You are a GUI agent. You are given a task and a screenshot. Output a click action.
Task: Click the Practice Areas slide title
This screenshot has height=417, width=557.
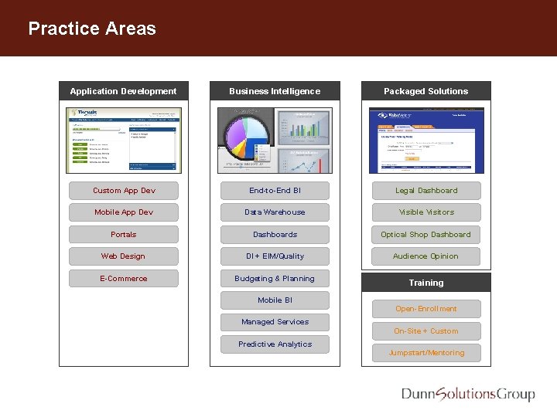pos(92,29)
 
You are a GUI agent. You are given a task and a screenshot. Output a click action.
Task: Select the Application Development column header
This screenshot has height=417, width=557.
pos(124,91)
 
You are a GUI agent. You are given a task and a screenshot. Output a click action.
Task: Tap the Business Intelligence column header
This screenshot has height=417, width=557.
pos(275,91)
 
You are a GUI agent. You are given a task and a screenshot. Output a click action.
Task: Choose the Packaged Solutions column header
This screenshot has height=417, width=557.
pos(426,91)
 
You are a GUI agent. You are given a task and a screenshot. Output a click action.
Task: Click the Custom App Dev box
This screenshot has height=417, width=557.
pos(124,191)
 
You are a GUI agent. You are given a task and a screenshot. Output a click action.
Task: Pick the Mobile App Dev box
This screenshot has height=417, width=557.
pos(124,212)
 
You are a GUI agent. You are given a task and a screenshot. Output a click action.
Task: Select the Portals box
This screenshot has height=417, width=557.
pos(124,235)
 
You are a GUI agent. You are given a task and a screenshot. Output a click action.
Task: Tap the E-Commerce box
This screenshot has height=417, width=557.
pos(124,279)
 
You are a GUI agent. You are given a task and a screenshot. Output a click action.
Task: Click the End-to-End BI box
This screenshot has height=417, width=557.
pos(275,191)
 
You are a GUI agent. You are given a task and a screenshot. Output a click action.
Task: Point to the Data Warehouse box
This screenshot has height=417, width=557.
pos(275,212)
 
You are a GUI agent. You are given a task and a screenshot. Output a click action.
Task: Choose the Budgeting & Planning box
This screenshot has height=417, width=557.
pos(275,279)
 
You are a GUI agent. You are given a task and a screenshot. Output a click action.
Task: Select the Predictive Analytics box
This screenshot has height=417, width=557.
pos(275,344)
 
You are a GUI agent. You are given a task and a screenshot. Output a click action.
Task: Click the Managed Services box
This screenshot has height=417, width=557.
pos(275,322)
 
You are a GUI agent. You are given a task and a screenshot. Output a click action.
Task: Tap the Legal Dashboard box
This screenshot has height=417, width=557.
pos(426,191)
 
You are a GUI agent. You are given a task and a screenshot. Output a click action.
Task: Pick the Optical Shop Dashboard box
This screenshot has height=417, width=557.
pos(426,235)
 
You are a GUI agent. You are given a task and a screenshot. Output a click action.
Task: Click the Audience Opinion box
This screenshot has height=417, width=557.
pos(426,256)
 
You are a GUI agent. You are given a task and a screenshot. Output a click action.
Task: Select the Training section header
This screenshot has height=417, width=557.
pos(426,283)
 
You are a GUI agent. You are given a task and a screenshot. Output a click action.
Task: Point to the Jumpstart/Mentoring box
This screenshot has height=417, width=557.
pos(426,353)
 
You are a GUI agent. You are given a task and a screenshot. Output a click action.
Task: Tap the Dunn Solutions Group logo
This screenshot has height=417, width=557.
pos(468,395)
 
